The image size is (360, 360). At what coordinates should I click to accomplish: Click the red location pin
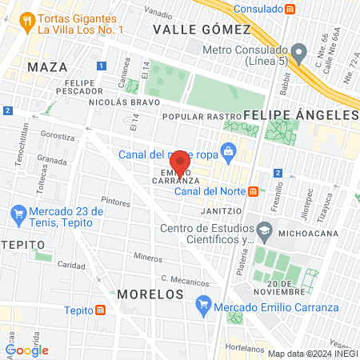click(x=180, y=161)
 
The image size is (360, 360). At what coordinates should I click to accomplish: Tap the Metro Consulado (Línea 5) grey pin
click(x=299, y=54)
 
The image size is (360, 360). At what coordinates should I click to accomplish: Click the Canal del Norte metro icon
click(x=253, y=191)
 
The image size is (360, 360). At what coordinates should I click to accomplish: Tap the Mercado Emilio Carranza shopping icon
click(x=203, y=304)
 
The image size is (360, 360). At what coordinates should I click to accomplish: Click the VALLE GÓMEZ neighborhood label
click(x=202, y=29)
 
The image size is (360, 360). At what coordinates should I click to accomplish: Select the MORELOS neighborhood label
click(x=150, y=294)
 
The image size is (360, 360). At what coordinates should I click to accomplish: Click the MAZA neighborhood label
click(x=42, y=66)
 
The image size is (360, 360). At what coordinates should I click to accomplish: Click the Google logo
click(x=27, y=350)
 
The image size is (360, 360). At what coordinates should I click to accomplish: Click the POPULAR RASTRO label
click(x=190, y=115)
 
